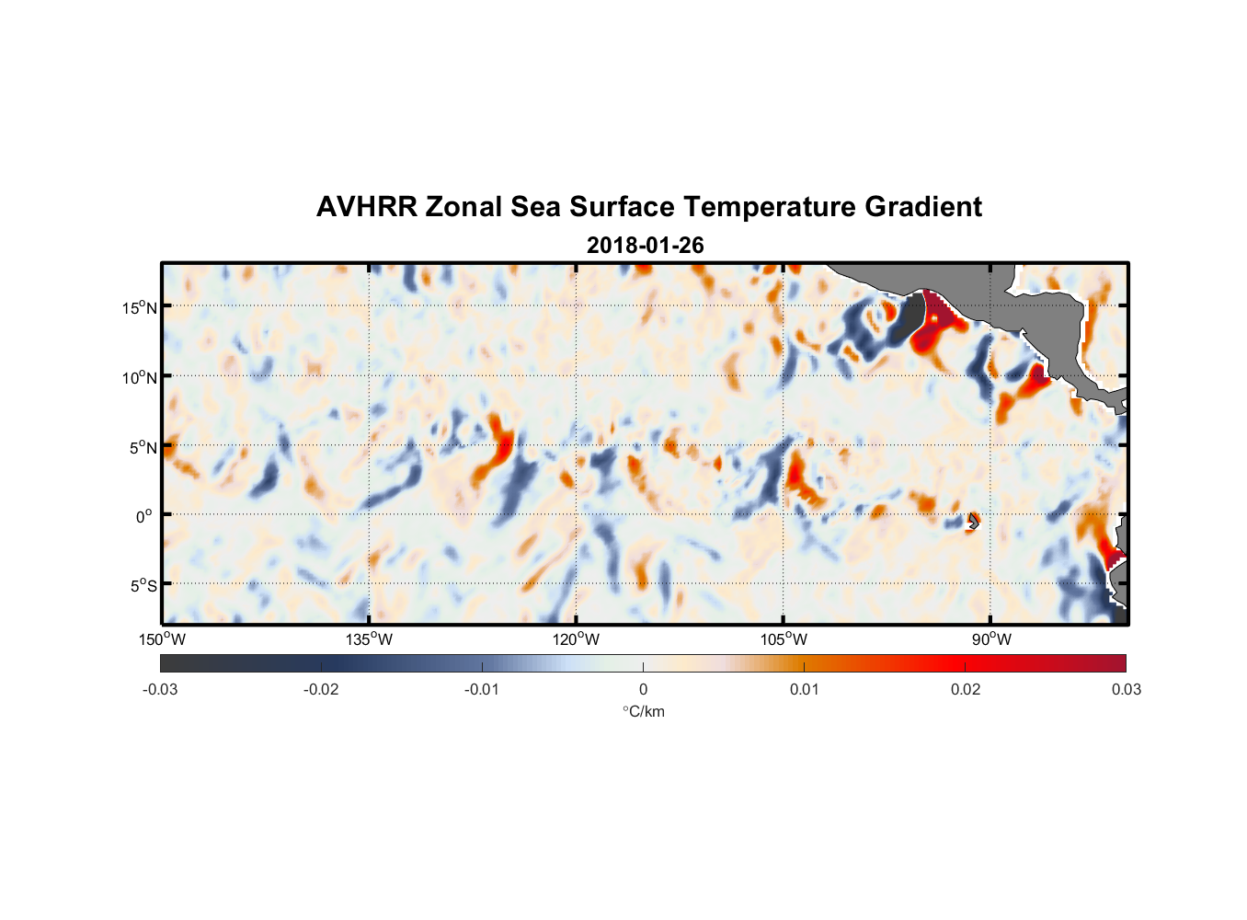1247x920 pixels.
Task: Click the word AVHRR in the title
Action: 366,207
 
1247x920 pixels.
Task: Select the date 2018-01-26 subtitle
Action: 645,246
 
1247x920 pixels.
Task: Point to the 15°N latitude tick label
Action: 140,307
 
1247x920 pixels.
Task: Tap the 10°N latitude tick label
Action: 140,377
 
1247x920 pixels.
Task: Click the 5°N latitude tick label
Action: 143,447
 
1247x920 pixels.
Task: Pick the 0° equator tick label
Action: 143,516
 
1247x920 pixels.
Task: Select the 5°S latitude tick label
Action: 143,586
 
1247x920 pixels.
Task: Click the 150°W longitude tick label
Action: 162,639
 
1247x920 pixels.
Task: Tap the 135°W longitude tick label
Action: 370,639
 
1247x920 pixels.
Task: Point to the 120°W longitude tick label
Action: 577,639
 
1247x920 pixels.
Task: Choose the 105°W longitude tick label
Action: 784,639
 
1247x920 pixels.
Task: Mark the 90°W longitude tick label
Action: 991,639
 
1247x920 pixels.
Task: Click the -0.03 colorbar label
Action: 160,689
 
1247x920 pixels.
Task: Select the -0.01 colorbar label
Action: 482,689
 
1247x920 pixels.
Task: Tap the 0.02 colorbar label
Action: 966,689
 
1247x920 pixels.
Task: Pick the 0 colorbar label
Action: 643,689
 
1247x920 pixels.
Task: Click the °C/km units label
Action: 644,711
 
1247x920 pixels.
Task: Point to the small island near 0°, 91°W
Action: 973,522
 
